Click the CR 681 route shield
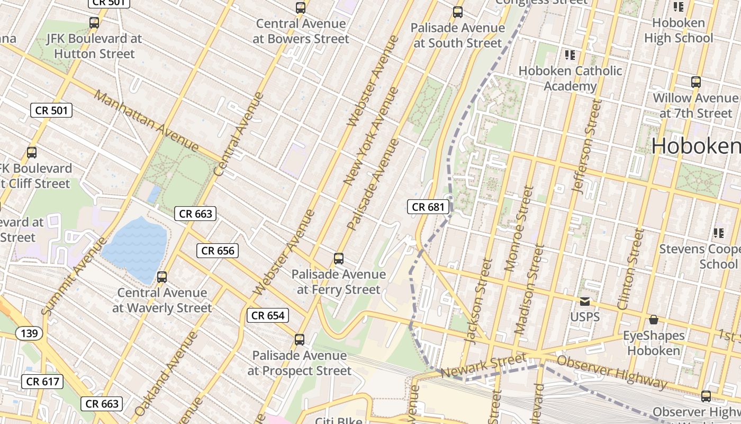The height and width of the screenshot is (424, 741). tap(429, 207)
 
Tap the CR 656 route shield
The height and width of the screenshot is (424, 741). tap(218, 251)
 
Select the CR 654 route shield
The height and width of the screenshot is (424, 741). tap(268, 315)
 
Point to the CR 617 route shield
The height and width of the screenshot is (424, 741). tap(43, 382)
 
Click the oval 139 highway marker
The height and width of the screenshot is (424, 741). tap(29, 333)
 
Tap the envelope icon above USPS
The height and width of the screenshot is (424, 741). tap(585, 302)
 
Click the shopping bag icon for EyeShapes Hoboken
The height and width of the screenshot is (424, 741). tap(654, 320)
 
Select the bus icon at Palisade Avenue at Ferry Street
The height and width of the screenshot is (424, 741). tap(339, 259)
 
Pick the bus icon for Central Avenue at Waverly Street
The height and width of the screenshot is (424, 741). tap(162, 277)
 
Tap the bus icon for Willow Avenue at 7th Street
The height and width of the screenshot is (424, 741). tap(696, 82)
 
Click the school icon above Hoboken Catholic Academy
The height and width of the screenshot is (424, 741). tap(570, 55)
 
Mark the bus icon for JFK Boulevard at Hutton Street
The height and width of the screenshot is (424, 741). tap(94, 23)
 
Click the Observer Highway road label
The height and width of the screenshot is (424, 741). tap(611, 372)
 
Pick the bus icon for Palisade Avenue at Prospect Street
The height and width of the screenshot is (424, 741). tap(300, 340)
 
